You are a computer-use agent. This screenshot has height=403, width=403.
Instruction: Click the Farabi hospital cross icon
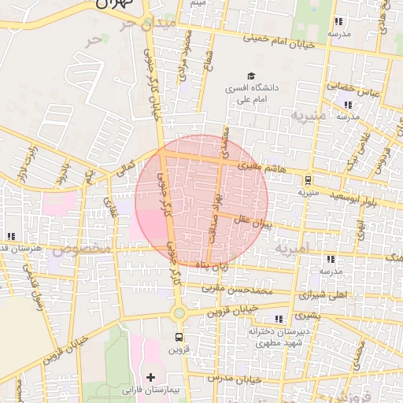pos(150,377)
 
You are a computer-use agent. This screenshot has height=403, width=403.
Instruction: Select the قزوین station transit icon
pos(179,337)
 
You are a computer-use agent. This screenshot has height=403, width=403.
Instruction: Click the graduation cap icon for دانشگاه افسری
pos(251,77)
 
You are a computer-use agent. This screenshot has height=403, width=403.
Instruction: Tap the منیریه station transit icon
pos(308,179)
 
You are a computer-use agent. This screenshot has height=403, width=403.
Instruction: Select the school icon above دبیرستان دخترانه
pos(279,318)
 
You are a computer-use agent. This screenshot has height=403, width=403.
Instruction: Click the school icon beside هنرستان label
pos(11,235)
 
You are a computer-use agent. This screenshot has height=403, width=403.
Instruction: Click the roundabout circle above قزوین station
pos(179,312)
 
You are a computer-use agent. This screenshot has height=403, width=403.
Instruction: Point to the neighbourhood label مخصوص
pos(77,250)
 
